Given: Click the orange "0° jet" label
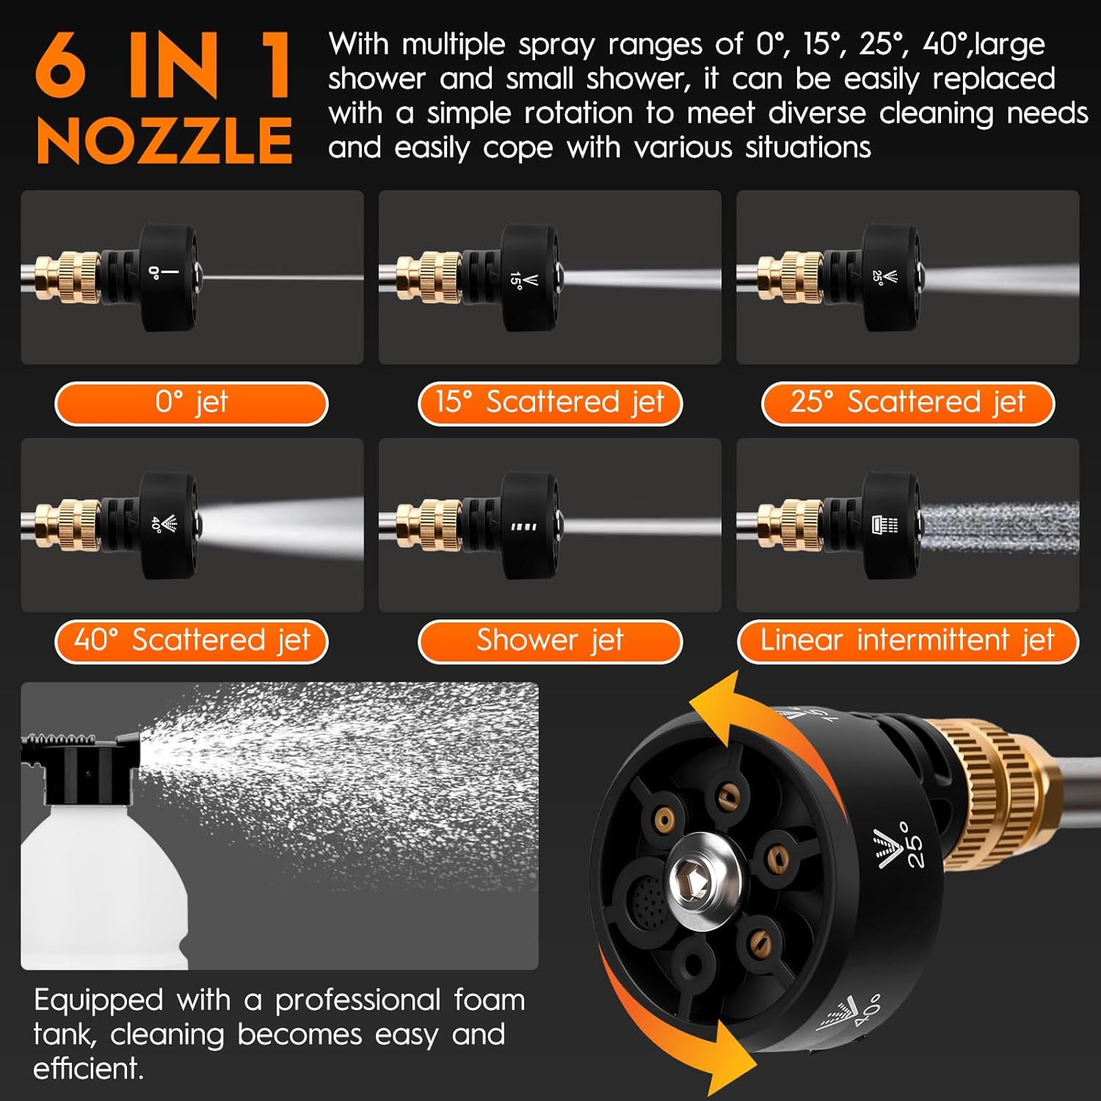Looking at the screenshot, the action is point(191,403).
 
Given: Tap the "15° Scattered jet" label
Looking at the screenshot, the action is point(550,403).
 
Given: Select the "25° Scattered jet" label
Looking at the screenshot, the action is point(908,403).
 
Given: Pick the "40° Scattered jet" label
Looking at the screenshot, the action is point(191,642).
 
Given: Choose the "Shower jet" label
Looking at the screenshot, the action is point(550,642).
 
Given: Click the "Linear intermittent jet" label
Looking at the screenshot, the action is point(908,642).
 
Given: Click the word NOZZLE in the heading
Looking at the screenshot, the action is point(164,141).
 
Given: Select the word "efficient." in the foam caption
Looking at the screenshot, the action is point(88,1069).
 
